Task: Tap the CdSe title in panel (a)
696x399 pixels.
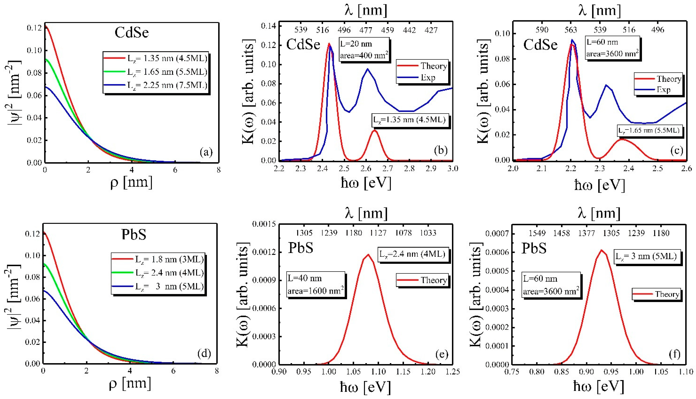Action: click(x=132, y=33)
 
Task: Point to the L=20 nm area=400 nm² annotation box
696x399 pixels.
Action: click(x=364, y=50)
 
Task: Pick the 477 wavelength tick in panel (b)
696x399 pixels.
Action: click(x=366, y=30)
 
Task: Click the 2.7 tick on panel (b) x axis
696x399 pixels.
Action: click(x=387, y=168)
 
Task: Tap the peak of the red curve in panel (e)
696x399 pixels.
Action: click(x=368, y=255)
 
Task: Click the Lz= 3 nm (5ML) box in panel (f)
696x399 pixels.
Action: click(x=646, y=256)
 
